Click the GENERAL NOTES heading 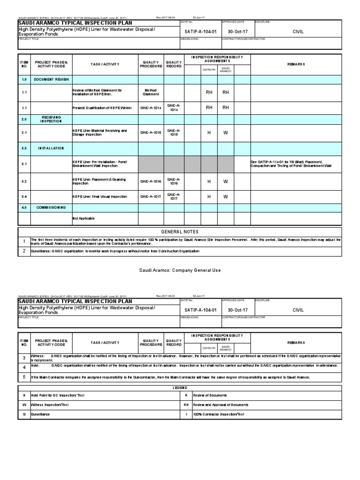180,232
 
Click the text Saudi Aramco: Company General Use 180,270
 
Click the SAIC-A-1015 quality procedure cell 150,133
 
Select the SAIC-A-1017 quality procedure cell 150,197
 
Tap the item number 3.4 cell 24,197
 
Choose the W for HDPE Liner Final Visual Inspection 225,197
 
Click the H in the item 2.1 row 209,133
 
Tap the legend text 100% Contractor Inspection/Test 218,414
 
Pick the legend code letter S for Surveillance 24,414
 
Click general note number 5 24,377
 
